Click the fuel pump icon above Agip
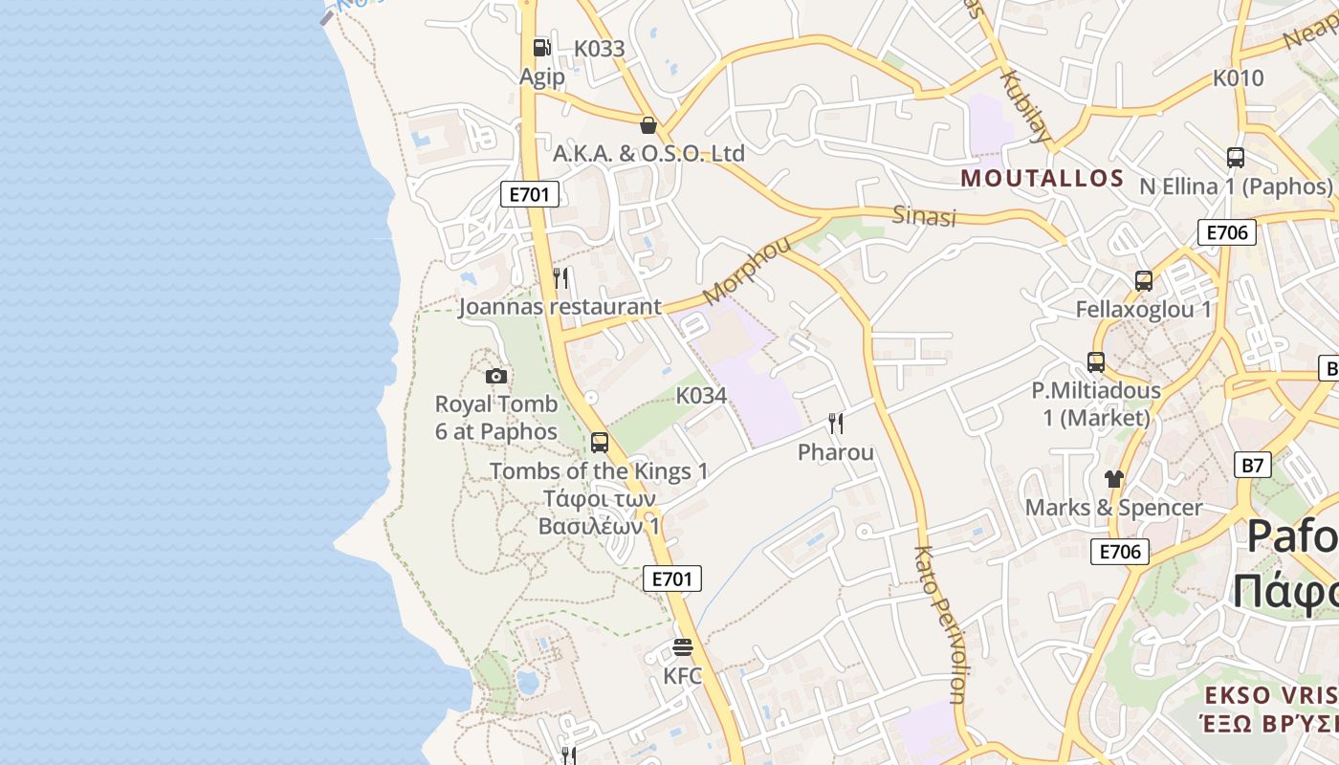pos(541,47)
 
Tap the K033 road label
pos(599,49)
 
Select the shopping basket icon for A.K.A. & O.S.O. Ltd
pos(648,125)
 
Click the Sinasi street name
pos(924,216)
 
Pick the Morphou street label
pos(747,269)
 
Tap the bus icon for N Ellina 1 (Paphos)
pos(1235,158)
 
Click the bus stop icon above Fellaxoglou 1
pos(1143,281)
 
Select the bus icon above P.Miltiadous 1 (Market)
pos(1096,362)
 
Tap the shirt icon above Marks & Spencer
pos(1113,478)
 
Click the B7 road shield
pos(1253,466)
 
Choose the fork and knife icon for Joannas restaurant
pos(560,278)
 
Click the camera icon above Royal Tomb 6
pos(495,376)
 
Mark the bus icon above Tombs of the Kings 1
pos(600,443)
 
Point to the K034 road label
pos(701,395)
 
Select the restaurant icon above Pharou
pos(836,423)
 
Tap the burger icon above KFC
pos(682,647)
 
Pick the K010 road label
pos(1238,78)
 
